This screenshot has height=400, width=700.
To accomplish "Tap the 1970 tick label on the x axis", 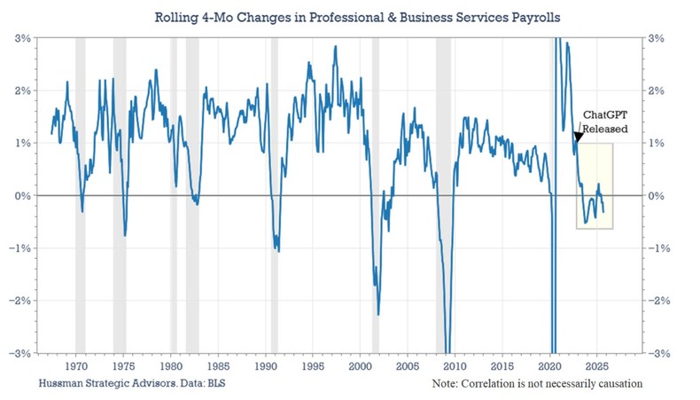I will [x=76, y=365].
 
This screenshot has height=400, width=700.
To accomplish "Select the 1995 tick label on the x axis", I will [x=312, y=365].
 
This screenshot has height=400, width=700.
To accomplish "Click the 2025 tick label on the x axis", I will [x=596, y=365].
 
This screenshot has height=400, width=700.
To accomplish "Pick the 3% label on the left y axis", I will [x=23, y=38].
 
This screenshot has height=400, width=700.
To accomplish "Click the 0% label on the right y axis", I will [x=658, y=195].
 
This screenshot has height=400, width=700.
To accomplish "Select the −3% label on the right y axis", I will [x=658, y=352].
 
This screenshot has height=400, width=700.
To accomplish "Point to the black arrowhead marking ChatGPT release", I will [x=578, y=137].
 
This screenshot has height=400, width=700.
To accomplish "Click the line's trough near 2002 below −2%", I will [x=378, y=313].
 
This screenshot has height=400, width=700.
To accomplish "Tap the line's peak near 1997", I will [x=335, y=47].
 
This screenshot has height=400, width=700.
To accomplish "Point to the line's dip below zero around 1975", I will [x=125, y=235].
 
